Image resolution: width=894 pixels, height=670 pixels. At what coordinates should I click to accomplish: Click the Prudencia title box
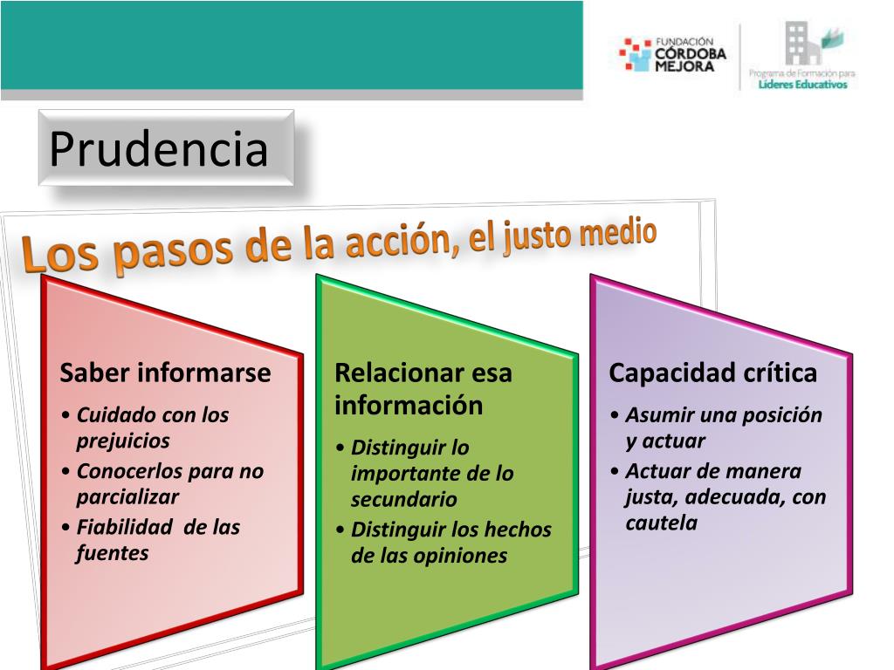166,147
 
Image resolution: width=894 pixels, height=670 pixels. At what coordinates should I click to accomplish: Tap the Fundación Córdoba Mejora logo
666,54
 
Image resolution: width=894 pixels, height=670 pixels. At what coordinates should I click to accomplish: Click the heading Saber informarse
165,373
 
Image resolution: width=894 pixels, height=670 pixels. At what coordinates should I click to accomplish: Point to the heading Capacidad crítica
712,373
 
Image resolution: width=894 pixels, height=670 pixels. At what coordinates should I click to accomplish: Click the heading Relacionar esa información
423,389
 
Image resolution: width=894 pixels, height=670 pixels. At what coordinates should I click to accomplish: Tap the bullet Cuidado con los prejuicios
152,427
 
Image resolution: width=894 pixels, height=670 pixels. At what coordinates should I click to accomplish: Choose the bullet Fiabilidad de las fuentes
157,540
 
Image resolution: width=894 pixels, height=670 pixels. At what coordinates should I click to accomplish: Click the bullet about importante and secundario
432,474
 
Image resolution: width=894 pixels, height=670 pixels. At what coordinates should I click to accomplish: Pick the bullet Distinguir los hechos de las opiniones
450,543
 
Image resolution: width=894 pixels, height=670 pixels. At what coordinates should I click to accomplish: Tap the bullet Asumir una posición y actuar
724,427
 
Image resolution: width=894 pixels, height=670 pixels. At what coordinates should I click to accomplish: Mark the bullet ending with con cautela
725,497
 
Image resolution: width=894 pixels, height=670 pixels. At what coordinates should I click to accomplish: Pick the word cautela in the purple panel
662,523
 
